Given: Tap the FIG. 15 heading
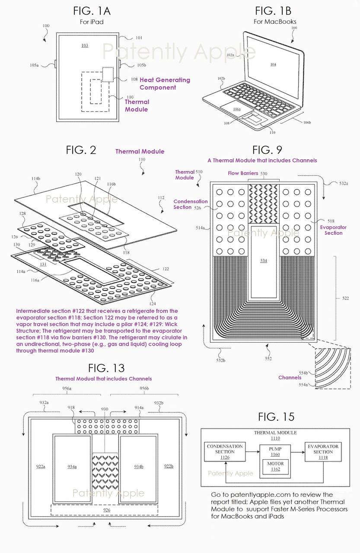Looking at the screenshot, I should pyautogui.click(x=276, y=416).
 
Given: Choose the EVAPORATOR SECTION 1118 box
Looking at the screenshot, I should pyautogui.click(x=323, y=449).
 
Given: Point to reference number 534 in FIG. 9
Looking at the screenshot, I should pyautogui.click(x=264, y=261).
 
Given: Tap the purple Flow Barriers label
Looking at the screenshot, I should pyautogui.click(x=243, y=173).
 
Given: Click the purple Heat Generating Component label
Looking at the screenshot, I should pyautogui.click(x=164, y=83).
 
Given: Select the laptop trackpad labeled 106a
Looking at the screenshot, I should pyautogui.click(x=236, y=109).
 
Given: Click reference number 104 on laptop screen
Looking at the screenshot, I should pyautogui.click(x=273, y=64).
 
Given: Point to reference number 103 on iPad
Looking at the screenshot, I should pyautogui.click(x=85, y=45).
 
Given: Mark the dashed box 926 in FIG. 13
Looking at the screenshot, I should pyautogui.click(x=107, y=510).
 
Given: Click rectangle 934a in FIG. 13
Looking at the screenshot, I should pyautogui.click(x=72, y=467).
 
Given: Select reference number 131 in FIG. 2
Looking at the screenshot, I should pyautogui.click(x=43, y=264).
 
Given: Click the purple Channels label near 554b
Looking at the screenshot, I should pyautogui.click(x=290, y=377).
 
